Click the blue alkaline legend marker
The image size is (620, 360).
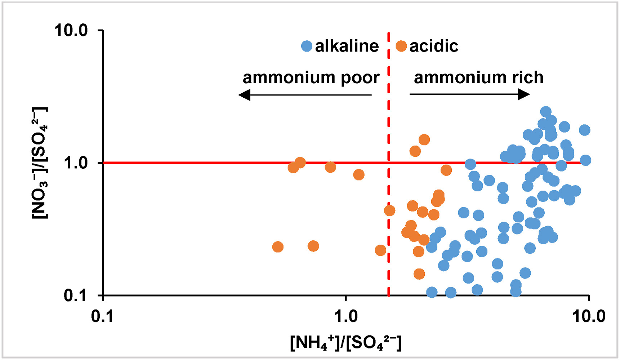click(x=307, y=46)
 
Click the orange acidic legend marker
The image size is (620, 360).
click(x=401, y=46)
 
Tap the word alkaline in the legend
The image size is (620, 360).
click(x=347, y=46)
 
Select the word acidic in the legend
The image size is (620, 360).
click(x=434, y=46)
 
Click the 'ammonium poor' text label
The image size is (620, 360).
click(x=311, y=77)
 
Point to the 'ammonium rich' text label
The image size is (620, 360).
click(x=478, y=77)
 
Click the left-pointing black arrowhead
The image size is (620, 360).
click(x=245, y=95)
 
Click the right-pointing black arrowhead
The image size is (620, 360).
click(x=524, y=94)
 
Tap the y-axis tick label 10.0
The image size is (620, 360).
click(x=71, y=30)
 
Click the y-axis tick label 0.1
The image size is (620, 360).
click(x=76, y=295)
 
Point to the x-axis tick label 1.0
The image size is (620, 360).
click(x=346, y=316)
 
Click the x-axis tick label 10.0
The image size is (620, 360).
click(x=589, y=316)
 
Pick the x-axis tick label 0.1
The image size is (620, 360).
click(x=103, y=316)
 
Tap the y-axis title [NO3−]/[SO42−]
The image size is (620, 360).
click(x=40, y=163)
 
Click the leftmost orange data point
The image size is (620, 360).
click(x=278, y=247)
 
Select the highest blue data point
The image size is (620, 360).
click(x=546, y=112)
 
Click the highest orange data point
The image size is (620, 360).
click(x=424, y=139)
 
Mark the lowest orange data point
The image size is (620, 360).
click(x=419, y=274)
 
